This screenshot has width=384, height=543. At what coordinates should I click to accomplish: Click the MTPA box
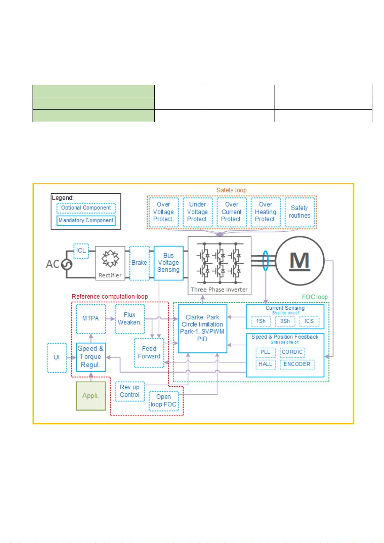click(x=91, y=319)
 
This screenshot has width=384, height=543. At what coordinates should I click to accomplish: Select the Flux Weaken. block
click(x=130, y=319)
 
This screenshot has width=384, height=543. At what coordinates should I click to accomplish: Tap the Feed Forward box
click(x=149, y=353)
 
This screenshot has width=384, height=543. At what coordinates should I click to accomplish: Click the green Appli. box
click(x=91, y=396)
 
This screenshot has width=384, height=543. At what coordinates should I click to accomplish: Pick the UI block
click(x=57, y=358)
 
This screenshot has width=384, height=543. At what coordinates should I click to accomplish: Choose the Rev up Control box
click(x=130, y=391)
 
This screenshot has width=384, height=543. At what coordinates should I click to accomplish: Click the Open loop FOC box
click(x=163, y=401)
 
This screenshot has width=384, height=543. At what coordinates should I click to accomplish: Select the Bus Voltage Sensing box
click(x=168, y=263)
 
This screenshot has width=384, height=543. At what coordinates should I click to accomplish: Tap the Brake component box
click(x=139, y=263)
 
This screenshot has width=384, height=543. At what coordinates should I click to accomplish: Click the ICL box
click(x=81, y=251)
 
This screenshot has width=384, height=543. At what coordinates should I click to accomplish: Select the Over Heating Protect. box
click(x=265, y=212)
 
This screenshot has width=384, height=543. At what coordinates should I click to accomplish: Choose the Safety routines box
click(x=300, y=212)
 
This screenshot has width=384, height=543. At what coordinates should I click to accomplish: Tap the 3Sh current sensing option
click(x=285, y=321)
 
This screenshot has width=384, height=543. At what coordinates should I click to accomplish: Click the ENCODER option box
click(x=297, y=364)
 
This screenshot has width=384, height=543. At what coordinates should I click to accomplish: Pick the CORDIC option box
click(x=292, y=352)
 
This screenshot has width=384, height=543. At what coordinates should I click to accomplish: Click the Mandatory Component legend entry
click(x=86, y=220)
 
